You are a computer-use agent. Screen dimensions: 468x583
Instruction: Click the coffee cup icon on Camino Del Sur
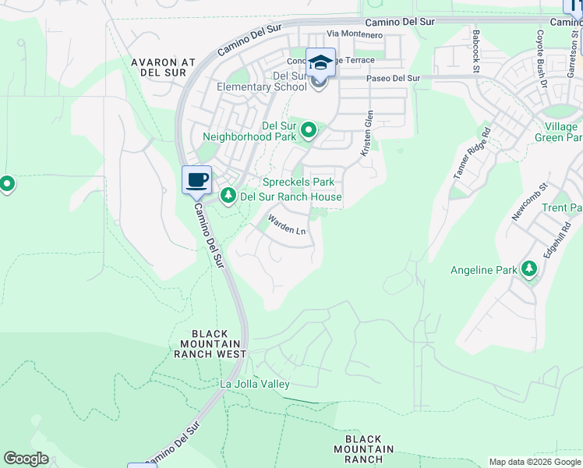pos(197,180)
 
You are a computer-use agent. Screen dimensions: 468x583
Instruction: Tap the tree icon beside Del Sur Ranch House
pos(228,196)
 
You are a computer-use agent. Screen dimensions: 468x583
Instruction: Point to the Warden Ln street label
pos(287,226)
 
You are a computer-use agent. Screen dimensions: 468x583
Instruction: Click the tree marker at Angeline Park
pos(530,270)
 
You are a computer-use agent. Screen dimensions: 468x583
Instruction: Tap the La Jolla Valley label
pos(255,384)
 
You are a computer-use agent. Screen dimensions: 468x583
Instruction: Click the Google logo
pos(26,459)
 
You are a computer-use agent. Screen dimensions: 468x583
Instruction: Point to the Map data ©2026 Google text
pos(535,462)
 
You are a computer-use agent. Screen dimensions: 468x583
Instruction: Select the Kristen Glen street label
pos(366,134)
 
